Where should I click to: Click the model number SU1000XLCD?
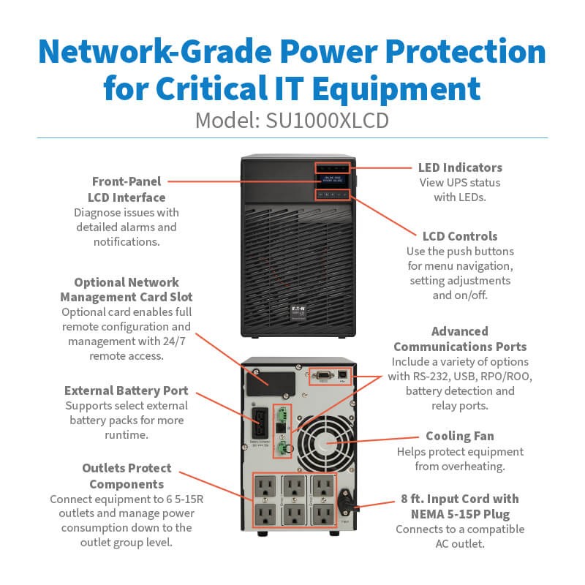pyautogui.click(x=327, y=121)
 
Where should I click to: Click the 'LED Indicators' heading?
pyautogui.click(x=460, y=167)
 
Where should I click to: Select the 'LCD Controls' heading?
pyautogui.click(x=460, y=236)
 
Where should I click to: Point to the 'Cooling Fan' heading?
pyautogui.click(x=460, y=436)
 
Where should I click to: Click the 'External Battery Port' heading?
pyautogui.click(x=126, y=390)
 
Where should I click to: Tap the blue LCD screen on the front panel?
pyautogui.click(x=332, y=180)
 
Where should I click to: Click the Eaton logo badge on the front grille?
pyautogui.click(x=298, y=313)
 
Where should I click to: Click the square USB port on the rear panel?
pyautogui.click(x=342, y=374)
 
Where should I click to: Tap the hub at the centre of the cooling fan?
pyautogui.click(x=326, y=443)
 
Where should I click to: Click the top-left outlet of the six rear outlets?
pyautogui.click(x=265, y=487)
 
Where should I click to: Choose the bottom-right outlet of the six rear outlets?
pyautogui.click(x=323, y=515)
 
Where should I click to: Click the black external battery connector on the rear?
pyautogui.click(x=260, y=423)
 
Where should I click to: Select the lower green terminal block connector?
pyautogui.click(x=283, y=446)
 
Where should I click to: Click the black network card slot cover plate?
pyautogui.click(x=271, y=383)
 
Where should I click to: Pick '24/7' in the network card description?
pyautogui.click(x=174, y=341)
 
